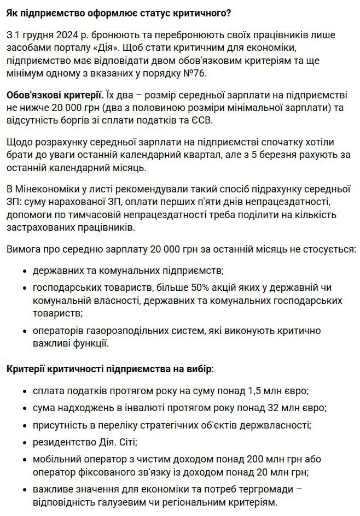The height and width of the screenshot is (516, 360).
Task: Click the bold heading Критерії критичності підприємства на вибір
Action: pyautogui.click(x=108, y=370)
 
